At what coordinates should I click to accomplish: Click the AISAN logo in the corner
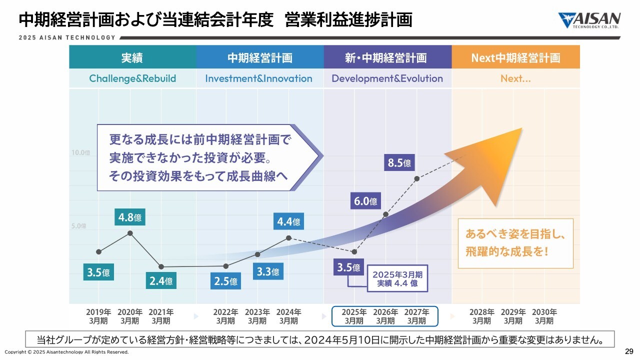tap(589, 20)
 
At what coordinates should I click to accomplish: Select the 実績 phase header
tap(132, 57)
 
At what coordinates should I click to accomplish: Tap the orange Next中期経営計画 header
tap(515, 57)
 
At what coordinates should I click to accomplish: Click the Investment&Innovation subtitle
tap(258, 78)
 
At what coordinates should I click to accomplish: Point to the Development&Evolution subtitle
tap(387, 78)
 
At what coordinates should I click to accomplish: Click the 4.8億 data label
tap(129, 217)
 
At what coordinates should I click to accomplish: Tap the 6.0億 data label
tap(365, 201)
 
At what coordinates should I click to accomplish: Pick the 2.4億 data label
tap(161, 281)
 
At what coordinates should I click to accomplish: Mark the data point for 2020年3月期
tap(130, 233)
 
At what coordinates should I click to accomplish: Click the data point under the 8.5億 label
tap(416, 178)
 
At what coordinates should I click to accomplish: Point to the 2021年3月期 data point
tap(161, 266)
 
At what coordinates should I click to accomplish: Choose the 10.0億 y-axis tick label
tap(80, 152)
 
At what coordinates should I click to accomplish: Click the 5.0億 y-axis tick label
tap(80, 226)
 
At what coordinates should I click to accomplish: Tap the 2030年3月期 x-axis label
tap(544, 316)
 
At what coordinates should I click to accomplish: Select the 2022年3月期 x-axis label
tap(225, 316)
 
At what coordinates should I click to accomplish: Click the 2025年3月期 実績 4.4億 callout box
tap(397, 279)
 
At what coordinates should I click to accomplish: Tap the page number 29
tap(629, 350)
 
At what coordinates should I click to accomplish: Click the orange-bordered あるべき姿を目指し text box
tap(515, 243)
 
